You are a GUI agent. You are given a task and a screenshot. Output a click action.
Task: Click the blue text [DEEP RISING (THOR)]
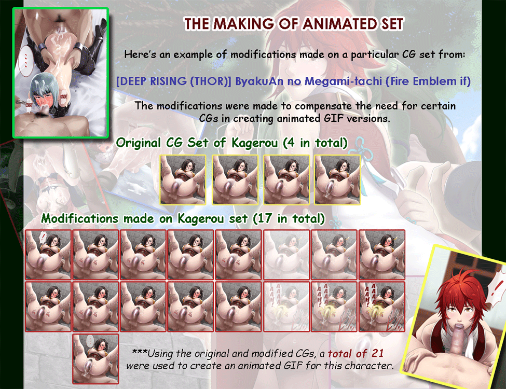point(174,81)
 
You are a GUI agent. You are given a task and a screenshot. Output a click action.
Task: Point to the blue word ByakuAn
point(259,81)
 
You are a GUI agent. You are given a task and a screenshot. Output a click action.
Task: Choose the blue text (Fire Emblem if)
point(428,81)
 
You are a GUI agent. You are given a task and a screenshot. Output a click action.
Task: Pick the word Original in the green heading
point(139,143)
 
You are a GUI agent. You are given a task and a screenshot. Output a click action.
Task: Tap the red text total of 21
point(355,354)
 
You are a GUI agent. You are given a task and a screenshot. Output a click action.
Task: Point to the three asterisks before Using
point(140,352)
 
